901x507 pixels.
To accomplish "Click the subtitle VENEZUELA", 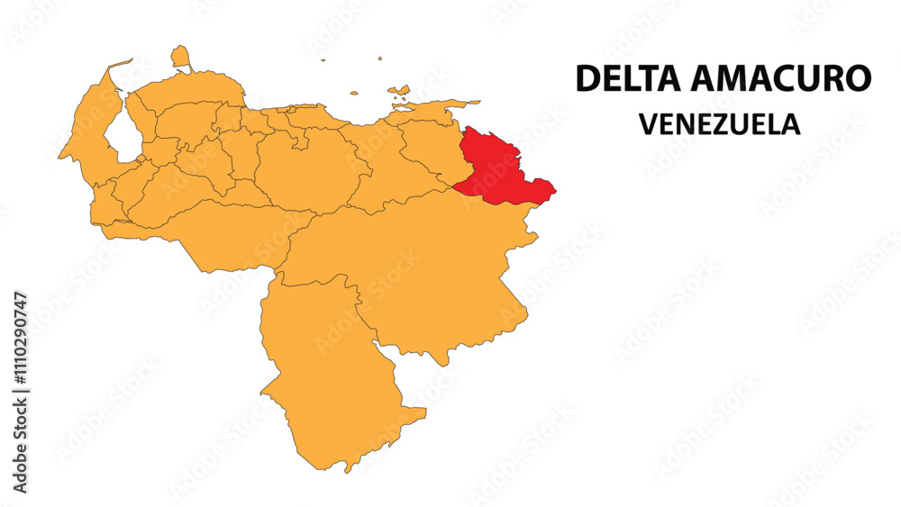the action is (720, 123).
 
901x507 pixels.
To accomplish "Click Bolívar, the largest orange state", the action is (423, 270).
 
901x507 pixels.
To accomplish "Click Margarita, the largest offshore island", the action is (399, 91).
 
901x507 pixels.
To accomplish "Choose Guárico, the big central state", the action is (302, 171).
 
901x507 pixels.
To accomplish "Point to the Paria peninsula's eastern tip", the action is (478, 102).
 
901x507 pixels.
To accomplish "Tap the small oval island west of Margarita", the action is (354, 92).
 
